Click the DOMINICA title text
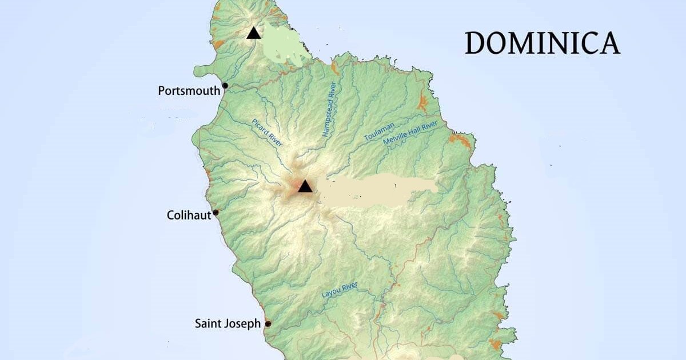pyautogui.click(x=542, y=43)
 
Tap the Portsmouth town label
pyautogui.click(x=189, y=90)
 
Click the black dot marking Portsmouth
pyautogui.click(x=225, y=86)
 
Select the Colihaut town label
pyautogui.click(x=189, y=215)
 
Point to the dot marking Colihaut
pyautogui.click(x=216, y=213)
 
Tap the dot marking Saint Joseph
pyautogui.click(x=268, y=324)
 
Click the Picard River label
pyautogui.click(x=267, y=133)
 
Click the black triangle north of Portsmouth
pyautogui.click(x=254, y=33)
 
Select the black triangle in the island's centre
pyautogui.click(x=305, y=186)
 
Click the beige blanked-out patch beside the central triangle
pyautogui.click(x=377, y=190)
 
